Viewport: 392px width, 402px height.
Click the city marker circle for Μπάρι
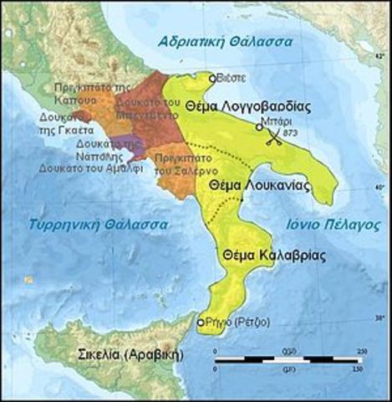click(x=260, y=128)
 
